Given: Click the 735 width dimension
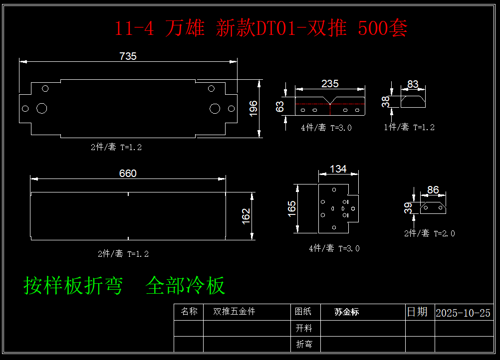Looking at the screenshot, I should point(128,56).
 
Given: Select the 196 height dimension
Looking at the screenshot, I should point(253,108).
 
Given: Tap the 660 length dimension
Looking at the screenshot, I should point(128,174).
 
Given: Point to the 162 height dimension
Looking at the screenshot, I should point(246,216).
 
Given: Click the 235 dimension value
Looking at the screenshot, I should point(330,83).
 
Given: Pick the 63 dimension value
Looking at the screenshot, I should point(280,106).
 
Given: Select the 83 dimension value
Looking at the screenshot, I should point(413,84).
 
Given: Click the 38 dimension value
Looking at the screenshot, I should point(386,102).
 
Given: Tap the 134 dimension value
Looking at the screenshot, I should point(338,169).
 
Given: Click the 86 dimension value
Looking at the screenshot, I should point(433,190).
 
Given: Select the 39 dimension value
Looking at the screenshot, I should point(408,207).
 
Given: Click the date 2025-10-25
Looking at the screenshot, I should point(463,313).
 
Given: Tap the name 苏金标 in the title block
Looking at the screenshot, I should point(347,312).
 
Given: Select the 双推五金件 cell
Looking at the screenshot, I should point(234,312).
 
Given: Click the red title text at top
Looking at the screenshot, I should point(261,28).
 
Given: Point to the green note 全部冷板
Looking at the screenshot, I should point(186,286).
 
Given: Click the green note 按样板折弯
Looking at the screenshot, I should point(73,286).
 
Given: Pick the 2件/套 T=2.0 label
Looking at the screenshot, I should point(429,233).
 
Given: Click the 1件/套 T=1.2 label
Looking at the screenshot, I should point(409,127).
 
